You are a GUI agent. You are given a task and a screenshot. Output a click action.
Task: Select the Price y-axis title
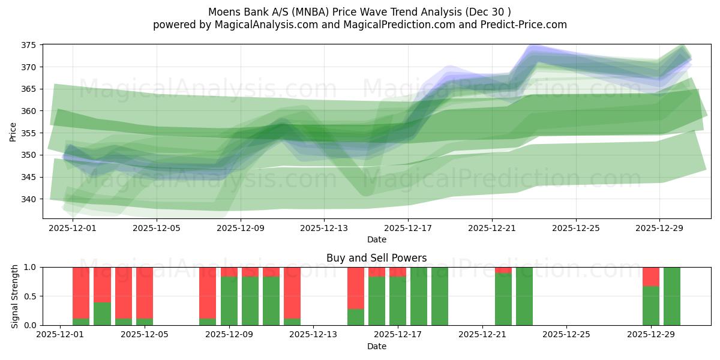(x=13, y=131)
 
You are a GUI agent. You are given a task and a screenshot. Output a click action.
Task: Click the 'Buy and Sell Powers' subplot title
(x=376, y=258)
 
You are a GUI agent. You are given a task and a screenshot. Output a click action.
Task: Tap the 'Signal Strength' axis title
(x=16, y=296)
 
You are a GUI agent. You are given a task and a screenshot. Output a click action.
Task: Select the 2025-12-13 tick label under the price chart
(x=324, y=228)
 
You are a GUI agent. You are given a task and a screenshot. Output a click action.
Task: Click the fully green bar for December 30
(x=672, y=296)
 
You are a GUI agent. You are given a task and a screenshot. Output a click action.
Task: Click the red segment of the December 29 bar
(x=651, y=277)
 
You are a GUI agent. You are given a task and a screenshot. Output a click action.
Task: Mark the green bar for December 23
(x=524, y=296)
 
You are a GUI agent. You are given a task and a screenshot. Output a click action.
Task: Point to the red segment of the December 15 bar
(x=356, y=287)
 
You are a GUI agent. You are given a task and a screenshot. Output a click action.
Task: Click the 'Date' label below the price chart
(x=377, y=240)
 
